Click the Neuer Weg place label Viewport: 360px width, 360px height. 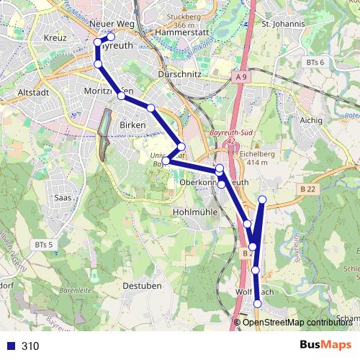(x=112, y=24)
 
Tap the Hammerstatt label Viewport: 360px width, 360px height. (x=181, y=33)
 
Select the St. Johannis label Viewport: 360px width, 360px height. (x=284, y=24)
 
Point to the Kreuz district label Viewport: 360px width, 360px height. (x=55, y=37)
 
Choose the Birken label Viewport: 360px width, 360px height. (x=132, y=125)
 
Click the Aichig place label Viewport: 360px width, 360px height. (x=311, y=120)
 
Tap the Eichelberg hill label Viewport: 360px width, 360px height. (x=262, y=153)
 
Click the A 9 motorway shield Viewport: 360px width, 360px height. (x=241, y=75)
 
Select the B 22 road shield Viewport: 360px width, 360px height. (x=308, y=189)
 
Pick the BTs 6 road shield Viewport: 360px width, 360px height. (x=315, y=63)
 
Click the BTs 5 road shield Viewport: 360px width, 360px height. (x=43, y=246)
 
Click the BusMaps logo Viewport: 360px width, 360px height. (x=325, y=345)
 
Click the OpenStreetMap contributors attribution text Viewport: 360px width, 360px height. (x=297, y=323)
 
